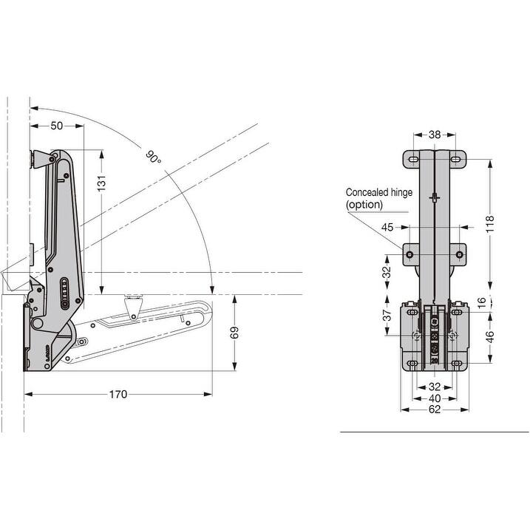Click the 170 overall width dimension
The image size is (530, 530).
(x=118, y=394)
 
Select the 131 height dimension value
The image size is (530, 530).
(x=101, y=180)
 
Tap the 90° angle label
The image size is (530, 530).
(x=153, y=157)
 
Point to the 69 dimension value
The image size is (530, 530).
(x=235, y=333)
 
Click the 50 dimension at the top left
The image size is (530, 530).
(x=56, y=126)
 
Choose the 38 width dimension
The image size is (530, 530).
(x=434, y=135)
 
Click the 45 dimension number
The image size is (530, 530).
(x=388, y=227)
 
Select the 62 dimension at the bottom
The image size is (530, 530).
(x=434, y=409)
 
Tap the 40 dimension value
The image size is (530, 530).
(x=434, y=398)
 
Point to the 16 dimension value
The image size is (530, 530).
(x=482, y=302)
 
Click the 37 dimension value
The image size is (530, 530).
(x=386, y=317)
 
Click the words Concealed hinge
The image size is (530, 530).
(x=378, y=193)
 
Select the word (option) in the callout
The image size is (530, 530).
(x=364, y=205)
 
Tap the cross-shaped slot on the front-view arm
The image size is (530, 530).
(x=435, y=198)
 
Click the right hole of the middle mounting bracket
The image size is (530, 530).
(x=460, y=255)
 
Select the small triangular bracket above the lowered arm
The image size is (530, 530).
(x=133, y=305)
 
